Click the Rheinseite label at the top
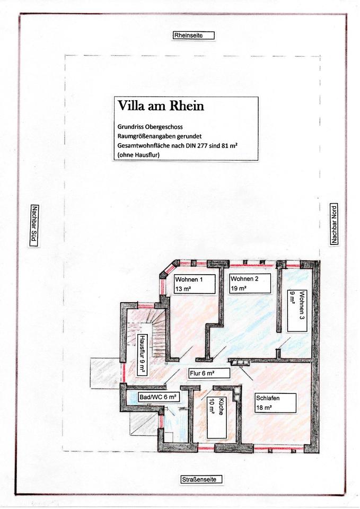[193, 36]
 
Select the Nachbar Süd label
[34, 226]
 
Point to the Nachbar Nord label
[333, 224]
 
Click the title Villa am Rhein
[161, 106]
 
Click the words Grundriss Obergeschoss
[150, 127]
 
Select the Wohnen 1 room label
[195, 284]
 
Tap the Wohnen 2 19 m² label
[250, 283]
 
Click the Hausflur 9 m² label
[142, 355]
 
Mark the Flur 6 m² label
[209, 373]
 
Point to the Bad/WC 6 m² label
[159, 397]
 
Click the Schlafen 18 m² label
[276, 403]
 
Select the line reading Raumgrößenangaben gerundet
[160, 136]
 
